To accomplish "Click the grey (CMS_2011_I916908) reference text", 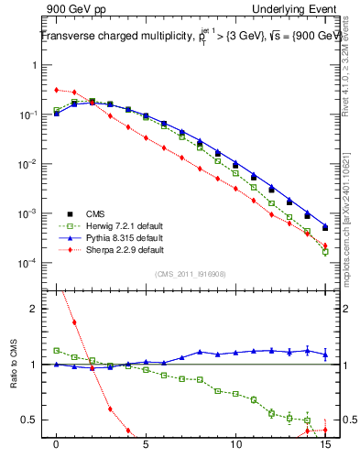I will pos(191,273).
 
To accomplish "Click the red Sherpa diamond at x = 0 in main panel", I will pos(57,90).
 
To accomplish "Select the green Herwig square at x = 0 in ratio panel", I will pos(57,350).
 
